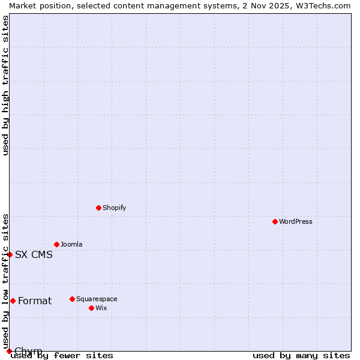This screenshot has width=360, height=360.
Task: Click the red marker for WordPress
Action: [275, 221]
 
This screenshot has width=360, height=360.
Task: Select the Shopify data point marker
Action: [99, 208]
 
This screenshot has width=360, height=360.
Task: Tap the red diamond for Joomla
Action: [57, 244]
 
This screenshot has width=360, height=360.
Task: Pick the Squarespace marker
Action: [73, 299]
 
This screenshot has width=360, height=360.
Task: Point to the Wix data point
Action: [92, 308]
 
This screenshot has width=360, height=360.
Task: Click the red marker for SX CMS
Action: [10, 254]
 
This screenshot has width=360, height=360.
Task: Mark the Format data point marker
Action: [13, 301]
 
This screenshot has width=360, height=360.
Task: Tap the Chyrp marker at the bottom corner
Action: [10, 351]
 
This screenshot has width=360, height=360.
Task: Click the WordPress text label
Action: [296, 221]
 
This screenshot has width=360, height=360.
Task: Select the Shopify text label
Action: [115, 208]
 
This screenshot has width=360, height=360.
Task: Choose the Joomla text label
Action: [71, 244]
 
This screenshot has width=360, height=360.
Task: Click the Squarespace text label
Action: [97, 299]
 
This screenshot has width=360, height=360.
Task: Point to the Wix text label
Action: [101, 308]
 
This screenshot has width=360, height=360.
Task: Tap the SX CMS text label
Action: [34, 254]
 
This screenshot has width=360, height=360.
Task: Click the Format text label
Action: [35, 301]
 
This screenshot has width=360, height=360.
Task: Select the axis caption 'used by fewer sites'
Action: [62, 356]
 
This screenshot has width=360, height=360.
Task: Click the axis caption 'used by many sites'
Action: [301, 356]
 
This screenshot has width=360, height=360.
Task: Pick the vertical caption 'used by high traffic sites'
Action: [5, 86]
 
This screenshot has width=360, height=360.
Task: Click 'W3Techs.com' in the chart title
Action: [321, 5]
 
